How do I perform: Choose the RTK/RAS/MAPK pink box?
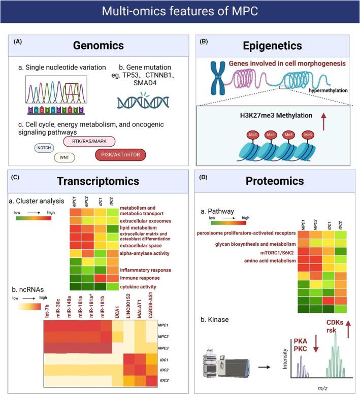pyautogui.click(x=89, y=141)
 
